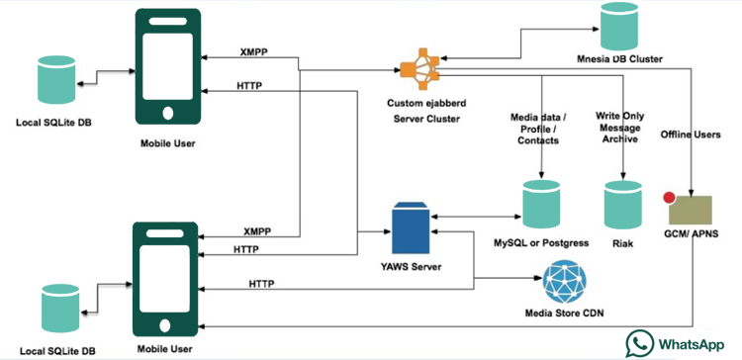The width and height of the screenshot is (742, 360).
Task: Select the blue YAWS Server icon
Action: coord(411,228)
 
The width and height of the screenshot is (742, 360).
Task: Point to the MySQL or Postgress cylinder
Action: coord(541,205)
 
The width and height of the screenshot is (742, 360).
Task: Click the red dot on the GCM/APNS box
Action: coord(669,198)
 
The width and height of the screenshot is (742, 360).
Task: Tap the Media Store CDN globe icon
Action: coord(564,282)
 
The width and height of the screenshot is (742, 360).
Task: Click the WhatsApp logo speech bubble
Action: coord(639,343)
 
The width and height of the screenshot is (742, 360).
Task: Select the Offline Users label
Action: coord(691,135)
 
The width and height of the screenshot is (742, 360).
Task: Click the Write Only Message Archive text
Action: coord(620,128)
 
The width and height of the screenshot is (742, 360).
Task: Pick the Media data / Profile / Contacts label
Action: coord(538,129)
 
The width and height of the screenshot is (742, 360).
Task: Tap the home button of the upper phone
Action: coord(168,113)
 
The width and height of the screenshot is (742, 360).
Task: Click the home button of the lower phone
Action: coord(165,325)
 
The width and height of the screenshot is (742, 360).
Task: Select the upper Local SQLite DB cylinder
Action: coord(56,79)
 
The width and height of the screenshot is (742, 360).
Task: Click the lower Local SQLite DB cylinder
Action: coord(60,308)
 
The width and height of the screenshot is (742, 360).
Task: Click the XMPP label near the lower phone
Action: coord(257,231)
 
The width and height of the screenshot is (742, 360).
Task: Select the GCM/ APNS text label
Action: coord(690,232)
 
